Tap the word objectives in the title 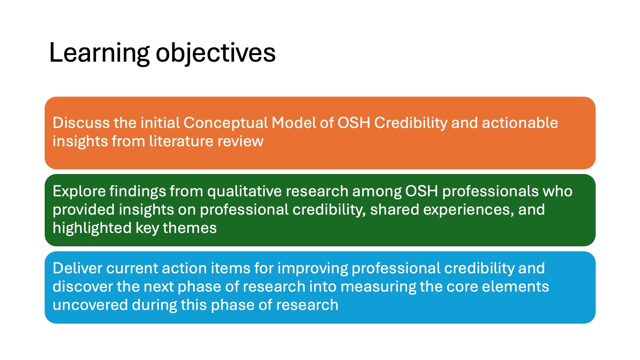click(x=216, y=53)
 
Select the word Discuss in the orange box click(x=81, y=123)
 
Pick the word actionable click(x=520, y=123)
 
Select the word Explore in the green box click(x=79, y=191)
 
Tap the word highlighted click(x=92, y=228)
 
